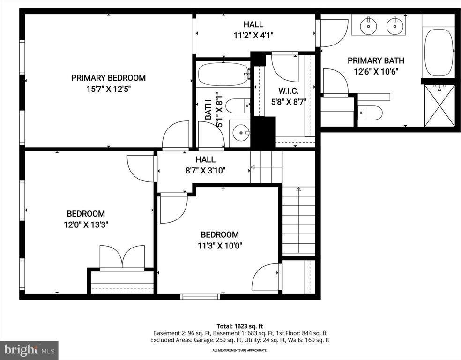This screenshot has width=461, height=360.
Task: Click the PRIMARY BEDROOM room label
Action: (108, 78)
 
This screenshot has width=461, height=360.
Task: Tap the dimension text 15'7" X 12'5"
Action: (108, 89)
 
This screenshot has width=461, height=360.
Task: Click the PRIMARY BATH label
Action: (376, 60)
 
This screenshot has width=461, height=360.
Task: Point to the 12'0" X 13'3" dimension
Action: (86, 225)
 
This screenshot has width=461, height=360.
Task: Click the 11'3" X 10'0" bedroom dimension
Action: (220, 245)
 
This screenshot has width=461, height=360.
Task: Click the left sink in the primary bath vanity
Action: (369, 25)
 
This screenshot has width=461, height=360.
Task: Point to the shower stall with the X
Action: (439, 105)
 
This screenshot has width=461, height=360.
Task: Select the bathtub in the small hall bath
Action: (223, 74)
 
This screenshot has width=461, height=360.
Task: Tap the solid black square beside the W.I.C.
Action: (263, 133)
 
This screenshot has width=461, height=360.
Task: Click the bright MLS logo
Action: (29, 350)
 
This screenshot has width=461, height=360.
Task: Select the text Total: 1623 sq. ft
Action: (239, 326)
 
